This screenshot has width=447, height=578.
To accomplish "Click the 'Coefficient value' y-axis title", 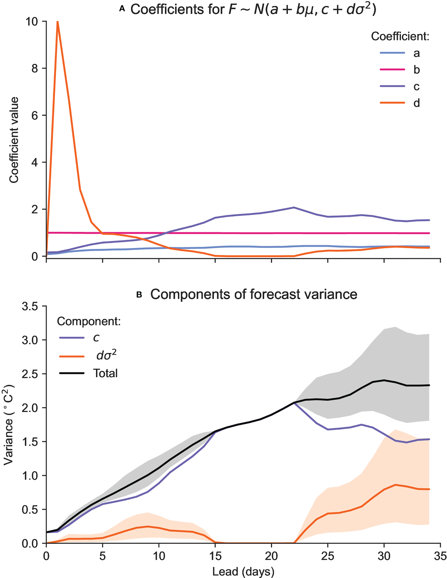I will click(x=14, y=140).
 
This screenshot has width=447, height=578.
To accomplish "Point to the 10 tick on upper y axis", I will click(x=32, y=22).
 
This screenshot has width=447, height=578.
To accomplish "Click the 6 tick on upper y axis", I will click(x=35, y=116).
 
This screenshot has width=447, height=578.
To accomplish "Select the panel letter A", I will click(x=122, y=9).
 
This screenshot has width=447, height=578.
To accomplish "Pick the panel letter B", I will click(x=139, y=295).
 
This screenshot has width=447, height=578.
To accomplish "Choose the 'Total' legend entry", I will click(x=105, y=373).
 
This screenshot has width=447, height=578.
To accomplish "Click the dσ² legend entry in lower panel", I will click(x=106, y=356).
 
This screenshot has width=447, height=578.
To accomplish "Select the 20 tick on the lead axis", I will click(x=271, y=556).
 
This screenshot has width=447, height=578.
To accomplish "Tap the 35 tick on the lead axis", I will click(x=440, y=556).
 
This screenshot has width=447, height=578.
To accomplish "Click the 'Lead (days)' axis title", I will click(x=243, y=571).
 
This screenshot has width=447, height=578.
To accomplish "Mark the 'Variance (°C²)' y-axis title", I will click(x=9, y=425).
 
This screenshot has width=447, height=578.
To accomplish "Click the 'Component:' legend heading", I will click(x=89, y=321).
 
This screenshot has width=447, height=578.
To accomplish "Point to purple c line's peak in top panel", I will click(x=294, y=208).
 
